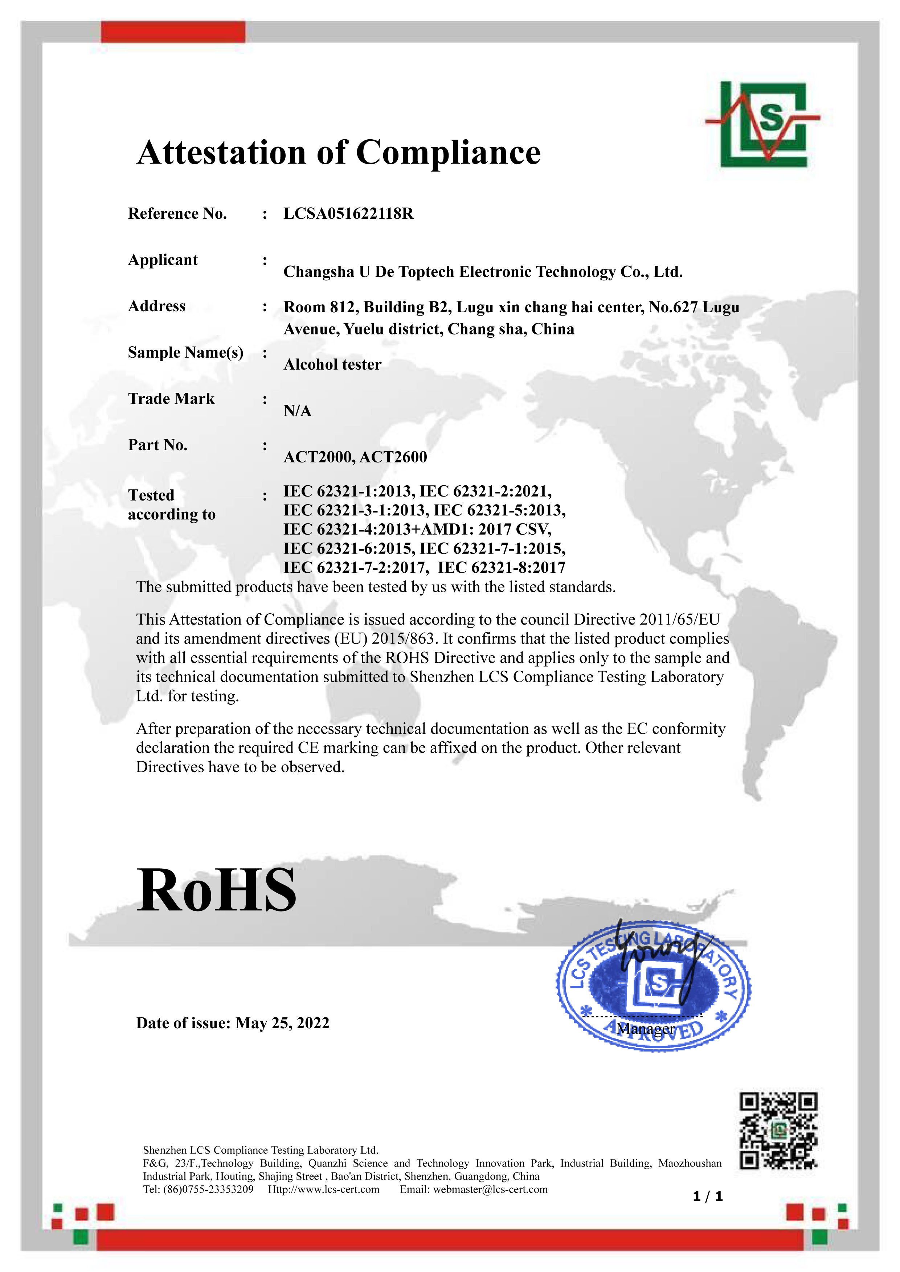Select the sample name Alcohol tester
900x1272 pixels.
pos(332,365)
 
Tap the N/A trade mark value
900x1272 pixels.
pos(297,411)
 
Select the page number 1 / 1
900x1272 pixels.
pos(708,1196)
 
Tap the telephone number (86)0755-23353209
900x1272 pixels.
pos(208,1189)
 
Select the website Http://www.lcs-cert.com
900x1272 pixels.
pos(324,1189)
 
